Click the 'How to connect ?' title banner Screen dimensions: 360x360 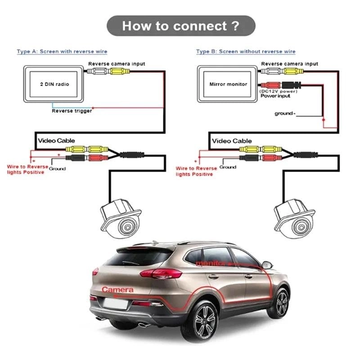coord(180,26)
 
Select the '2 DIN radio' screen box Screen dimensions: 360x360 coord(54,84)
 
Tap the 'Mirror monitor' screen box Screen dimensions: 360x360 coord(228,84)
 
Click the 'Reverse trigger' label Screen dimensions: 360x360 coord(72,111)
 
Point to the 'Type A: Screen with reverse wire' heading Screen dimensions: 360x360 coord(62,52)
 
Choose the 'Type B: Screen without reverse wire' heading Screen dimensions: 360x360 coord(246,52)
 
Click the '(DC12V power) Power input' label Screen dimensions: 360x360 coord(275,94)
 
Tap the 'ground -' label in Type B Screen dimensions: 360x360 coord(285,113)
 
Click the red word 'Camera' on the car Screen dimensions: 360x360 coord(117,290)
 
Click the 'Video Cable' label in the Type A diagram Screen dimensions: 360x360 coord(56,141)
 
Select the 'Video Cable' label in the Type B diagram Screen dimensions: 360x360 coord(232,141)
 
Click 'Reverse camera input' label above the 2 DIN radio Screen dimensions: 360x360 coord(117,64)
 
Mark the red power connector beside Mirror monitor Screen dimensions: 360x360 coord(270,84)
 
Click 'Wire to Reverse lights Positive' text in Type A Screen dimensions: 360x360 coord(27,169)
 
